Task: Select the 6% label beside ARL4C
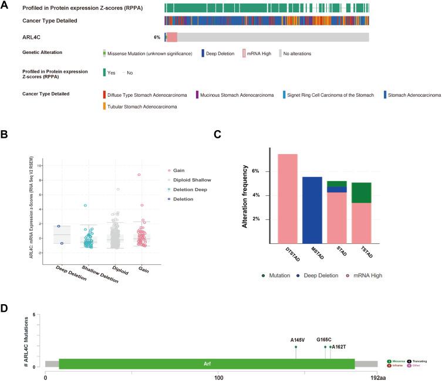[157, 37]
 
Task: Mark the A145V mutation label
[296, 340]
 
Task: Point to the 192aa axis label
[376, 377]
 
